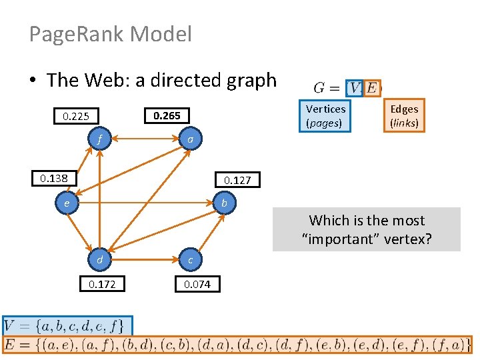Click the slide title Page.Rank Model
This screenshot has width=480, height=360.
111,34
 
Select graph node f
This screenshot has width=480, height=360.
99,140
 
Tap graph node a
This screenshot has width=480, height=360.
190,140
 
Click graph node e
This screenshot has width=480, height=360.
67,202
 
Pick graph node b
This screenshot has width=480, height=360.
224,202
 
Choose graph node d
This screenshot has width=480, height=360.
99,259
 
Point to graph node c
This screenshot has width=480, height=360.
190,259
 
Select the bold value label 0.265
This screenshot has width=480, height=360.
167,115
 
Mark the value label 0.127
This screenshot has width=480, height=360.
237,180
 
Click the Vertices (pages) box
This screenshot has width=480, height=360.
325,115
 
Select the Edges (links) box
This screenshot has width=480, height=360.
404,115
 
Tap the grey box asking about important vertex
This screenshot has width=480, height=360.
367,229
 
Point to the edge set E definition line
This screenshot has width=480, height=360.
237,345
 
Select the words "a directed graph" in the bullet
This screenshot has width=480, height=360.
206,81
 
